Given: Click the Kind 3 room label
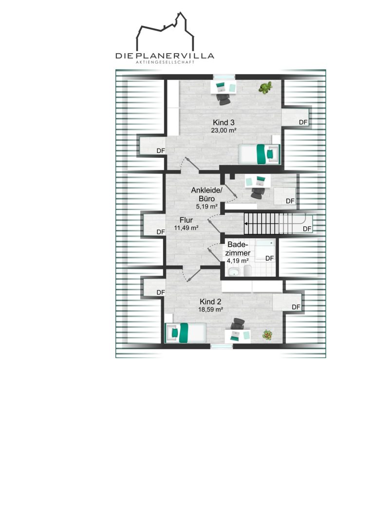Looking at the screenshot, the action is [x=223, y=122].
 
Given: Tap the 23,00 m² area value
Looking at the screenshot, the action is [x=223, y=131].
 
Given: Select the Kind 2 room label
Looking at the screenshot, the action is [x=210, y=302].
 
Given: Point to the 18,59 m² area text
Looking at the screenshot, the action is [x=210, y=309].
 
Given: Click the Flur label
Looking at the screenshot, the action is [x=186, y=220].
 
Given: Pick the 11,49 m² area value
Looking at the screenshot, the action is [x=186, y=228].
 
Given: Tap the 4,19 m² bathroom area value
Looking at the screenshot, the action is [x=238, y=261].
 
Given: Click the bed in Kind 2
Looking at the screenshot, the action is [x=185, y=333].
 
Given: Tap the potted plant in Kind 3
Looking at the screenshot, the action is [x=265, y=87].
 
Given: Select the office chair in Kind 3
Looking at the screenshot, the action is [x=224, y=99].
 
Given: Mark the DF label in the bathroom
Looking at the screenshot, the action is [x=269, y=259].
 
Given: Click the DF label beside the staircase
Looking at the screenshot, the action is [x=307, y=229].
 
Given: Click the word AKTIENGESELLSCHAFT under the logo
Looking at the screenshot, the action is [x=165, y=62].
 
